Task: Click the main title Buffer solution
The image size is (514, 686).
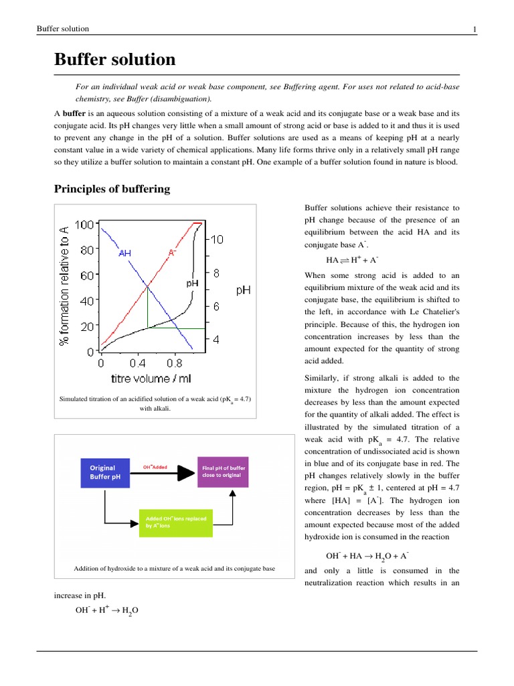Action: point(114,60)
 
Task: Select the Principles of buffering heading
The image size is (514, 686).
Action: point(112,189)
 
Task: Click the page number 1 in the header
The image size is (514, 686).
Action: point(475,29)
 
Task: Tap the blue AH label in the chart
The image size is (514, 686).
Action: point(125,253)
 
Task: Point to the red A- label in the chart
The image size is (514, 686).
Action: point(172,253)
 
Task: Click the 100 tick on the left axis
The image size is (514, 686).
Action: point(84,224)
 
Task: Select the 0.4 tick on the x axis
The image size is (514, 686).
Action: point(138,363)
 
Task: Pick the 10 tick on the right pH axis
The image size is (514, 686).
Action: point(219,240)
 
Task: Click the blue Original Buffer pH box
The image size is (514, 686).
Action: point(101,472)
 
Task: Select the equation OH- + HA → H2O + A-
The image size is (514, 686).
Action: point(367,556)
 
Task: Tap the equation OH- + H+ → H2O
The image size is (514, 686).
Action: point(107,611)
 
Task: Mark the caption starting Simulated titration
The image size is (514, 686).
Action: point(155,403)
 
